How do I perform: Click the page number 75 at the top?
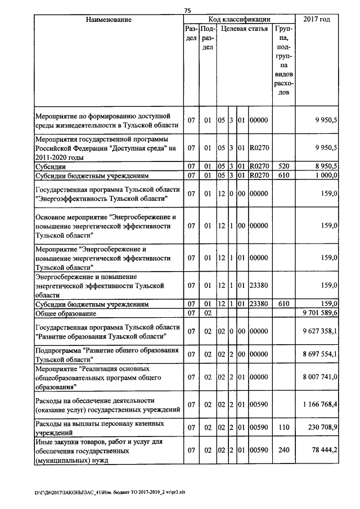tap(188, 10)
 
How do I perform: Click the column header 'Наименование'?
tap(109, 20)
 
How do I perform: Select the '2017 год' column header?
tap(317, 20)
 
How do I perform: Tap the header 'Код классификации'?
tap(239, 20)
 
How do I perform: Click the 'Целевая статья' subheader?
tap(244, 29)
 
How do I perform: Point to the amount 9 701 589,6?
tap(319, 313)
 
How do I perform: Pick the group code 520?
tap(283, 167)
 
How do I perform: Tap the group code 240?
tap(283, 451)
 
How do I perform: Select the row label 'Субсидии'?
tap(51, 167)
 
